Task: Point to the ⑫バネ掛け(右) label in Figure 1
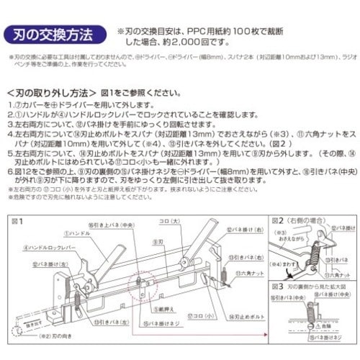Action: tap(239, 229)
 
